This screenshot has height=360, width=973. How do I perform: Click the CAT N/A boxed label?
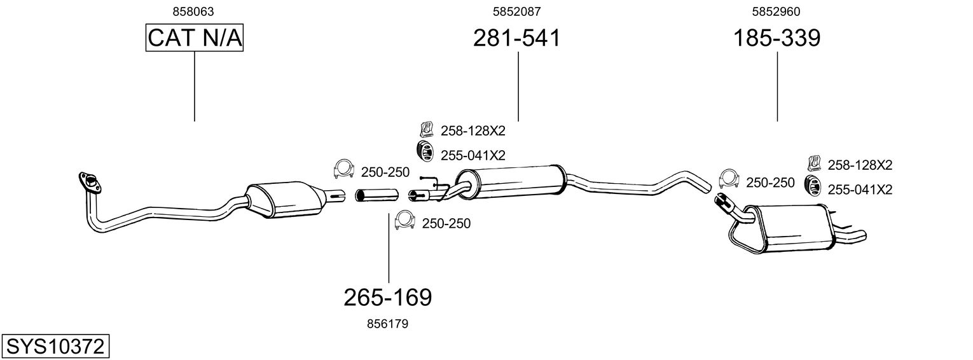point(195,39)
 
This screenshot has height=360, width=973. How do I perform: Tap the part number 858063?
point(193,11)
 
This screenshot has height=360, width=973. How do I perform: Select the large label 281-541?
point(516,38)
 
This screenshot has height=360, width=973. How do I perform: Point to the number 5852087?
point(516,11)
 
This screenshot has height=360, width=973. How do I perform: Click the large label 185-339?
point(777,38)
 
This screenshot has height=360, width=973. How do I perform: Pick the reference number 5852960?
point(776,11)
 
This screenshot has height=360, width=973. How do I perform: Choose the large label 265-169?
point(387,297)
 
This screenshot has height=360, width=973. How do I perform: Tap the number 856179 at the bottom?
point(387,324)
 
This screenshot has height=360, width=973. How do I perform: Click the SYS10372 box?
point(55,347)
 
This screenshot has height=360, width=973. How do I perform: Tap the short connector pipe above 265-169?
point(376,195)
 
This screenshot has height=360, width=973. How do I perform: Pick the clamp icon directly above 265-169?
point(404,221)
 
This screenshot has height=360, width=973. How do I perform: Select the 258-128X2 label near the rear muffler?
point(860,165)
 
